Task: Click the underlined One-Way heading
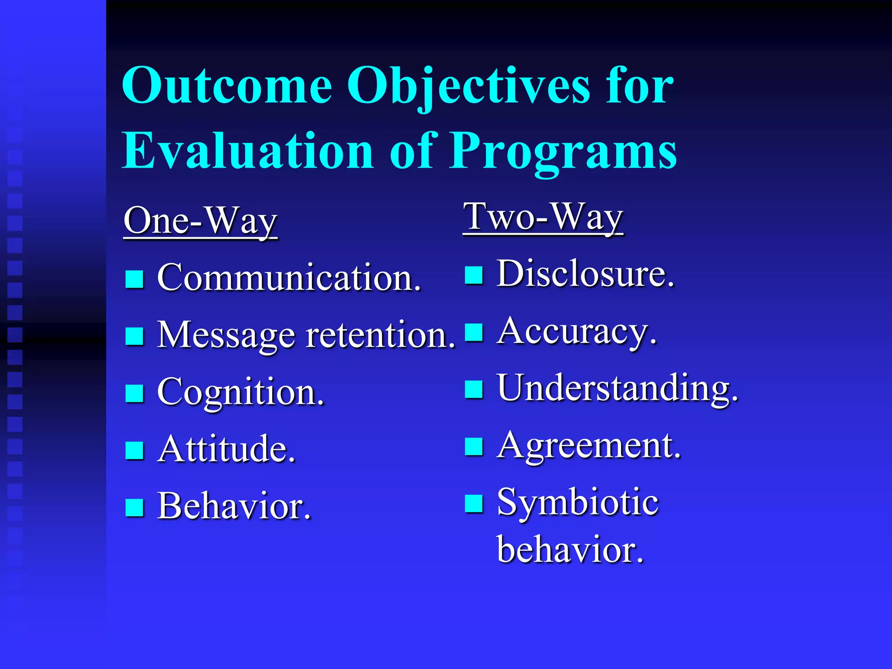[200, 221]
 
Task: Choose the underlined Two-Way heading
[543, 218]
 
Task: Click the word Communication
[289, 277]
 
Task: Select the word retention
[380, 335]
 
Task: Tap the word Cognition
[240, 392]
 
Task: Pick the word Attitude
[226, 449]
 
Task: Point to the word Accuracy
[577, 331]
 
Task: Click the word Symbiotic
[578, 503]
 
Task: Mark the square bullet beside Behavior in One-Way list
[134, 507]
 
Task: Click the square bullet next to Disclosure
[473, 275]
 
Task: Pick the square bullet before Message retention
[134, 336]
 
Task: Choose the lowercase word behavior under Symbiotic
[570, 549]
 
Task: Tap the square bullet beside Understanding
[473, 389]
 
